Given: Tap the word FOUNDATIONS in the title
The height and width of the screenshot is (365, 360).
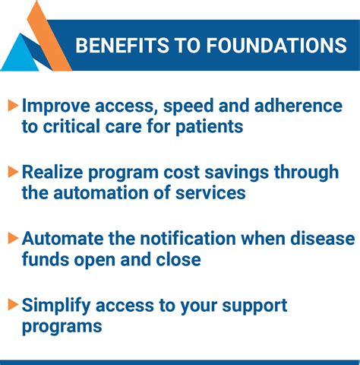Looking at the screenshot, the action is [x=276, y=46].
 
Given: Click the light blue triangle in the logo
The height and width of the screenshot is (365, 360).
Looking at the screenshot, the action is [x=21, y=52].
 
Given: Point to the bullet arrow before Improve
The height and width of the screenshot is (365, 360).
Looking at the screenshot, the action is [x=13, y=106].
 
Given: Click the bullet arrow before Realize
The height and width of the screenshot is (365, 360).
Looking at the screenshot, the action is [x=13, y=172].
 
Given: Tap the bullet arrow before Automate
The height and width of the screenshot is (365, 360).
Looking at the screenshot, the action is [x=13, y=239].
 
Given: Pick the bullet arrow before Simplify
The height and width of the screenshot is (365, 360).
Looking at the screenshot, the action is [x=13, y=305].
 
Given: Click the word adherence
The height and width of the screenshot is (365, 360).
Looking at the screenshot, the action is [x=298, y=106].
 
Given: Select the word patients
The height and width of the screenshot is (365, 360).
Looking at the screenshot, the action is [x=210, y=128].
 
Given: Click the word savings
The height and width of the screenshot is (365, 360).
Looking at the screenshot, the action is [x=236, y=173].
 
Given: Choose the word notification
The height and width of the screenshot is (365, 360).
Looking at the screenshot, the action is [x=188, y=239].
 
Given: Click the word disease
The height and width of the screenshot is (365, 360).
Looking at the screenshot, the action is [x=323, y=239].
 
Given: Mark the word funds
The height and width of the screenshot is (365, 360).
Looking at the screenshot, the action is [x=46, y=259].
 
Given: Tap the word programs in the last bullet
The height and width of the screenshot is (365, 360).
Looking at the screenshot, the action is [x=62, y=327].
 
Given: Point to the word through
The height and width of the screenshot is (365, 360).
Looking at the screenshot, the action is [x=306, y=173].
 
